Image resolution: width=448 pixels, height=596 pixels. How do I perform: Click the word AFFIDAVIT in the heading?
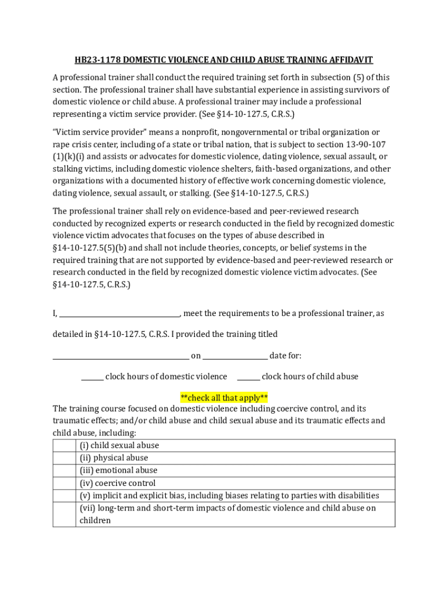[348, 60]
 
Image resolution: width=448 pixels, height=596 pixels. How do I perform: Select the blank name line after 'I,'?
[120, 314]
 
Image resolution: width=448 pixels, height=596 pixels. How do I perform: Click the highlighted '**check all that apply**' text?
[224, 398]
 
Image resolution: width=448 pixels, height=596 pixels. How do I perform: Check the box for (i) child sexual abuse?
[65, 446]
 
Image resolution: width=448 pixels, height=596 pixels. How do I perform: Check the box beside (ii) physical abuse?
[65, 458]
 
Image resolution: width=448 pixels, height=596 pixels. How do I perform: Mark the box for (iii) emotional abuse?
[65, 470]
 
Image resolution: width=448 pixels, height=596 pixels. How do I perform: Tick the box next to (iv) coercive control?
[65, 483]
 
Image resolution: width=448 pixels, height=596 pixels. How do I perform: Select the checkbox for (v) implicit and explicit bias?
[65, 496]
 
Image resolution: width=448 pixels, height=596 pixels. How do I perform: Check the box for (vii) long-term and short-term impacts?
[65, 515]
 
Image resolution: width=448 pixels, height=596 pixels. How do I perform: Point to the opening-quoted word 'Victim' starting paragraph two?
[65, 132]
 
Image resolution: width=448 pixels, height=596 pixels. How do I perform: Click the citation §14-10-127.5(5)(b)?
[86, 247]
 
